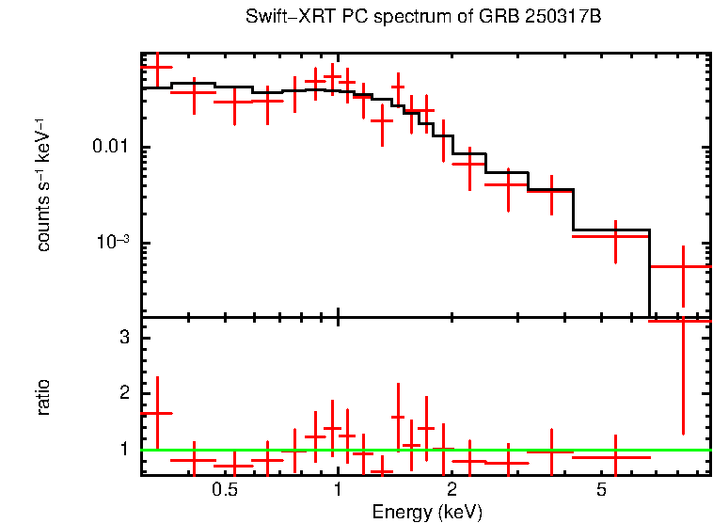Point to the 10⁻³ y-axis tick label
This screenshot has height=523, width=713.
point(113,243)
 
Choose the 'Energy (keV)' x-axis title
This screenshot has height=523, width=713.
point(427,513)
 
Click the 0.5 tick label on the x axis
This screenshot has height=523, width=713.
point(224,490)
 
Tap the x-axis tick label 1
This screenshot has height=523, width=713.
point(338,490)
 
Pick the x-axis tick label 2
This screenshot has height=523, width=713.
point(452,490)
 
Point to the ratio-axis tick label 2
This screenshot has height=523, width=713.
point(123,393)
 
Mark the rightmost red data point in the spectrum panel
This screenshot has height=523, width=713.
point(683,266)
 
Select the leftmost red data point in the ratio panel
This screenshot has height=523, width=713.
point(157,413)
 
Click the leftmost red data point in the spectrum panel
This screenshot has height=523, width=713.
point(157,68)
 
